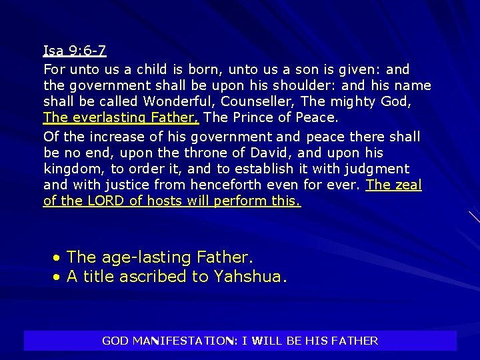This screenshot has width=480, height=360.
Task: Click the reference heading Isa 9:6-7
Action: point(75,51)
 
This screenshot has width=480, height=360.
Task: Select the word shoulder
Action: point(307,85)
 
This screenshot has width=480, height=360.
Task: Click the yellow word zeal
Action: point(407,185)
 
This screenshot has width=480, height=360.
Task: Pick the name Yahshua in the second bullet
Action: point(249,277)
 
